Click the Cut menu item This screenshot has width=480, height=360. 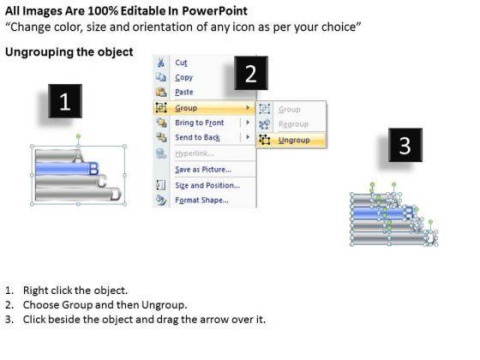pyautogui.click(x=181, y=63)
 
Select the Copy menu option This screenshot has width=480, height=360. pyautogui.click(x=183, y=77)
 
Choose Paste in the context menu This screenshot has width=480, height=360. pyautogui.click(x=184, y=92)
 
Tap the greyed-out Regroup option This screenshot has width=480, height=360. pyautogui.click(x=293, y=124)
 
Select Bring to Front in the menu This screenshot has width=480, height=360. pyautogui.click(x=199, y=123)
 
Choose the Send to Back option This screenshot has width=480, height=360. pyautogui.click(x=197, y=137)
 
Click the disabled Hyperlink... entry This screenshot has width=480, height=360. pyautogui.click(x=194, y=153)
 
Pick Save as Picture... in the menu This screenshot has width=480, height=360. pyautogui.click(x=203, y=170)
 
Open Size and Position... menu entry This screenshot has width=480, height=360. pyautogui.click(x=207, y=185)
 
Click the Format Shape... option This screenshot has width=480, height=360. pyautogui.click(x=201, y=201)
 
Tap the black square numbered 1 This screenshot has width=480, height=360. pyautogui.click(x=65, y=101)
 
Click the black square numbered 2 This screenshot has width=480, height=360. pyautogui.click(x=251, y=73)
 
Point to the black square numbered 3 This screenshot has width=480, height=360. pyautogui.click(x=405, y=145)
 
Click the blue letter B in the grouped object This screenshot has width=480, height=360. pyautogui.click(x=93, y=168)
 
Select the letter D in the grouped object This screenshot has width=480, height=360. pyautogui.click(x=116, y=194)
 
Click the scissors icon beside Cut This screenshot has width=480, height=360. pyautogui.click(x=161, y=63)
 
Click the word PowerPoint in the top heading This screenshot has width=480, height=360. pyautogui.click(x=214, y=11)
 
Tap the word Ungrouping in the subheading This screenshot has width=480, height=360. pyautogui.click(x=39, y=52)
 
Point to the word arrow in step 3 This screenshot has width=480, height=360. pyautogui.click(x=212, y=320)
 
